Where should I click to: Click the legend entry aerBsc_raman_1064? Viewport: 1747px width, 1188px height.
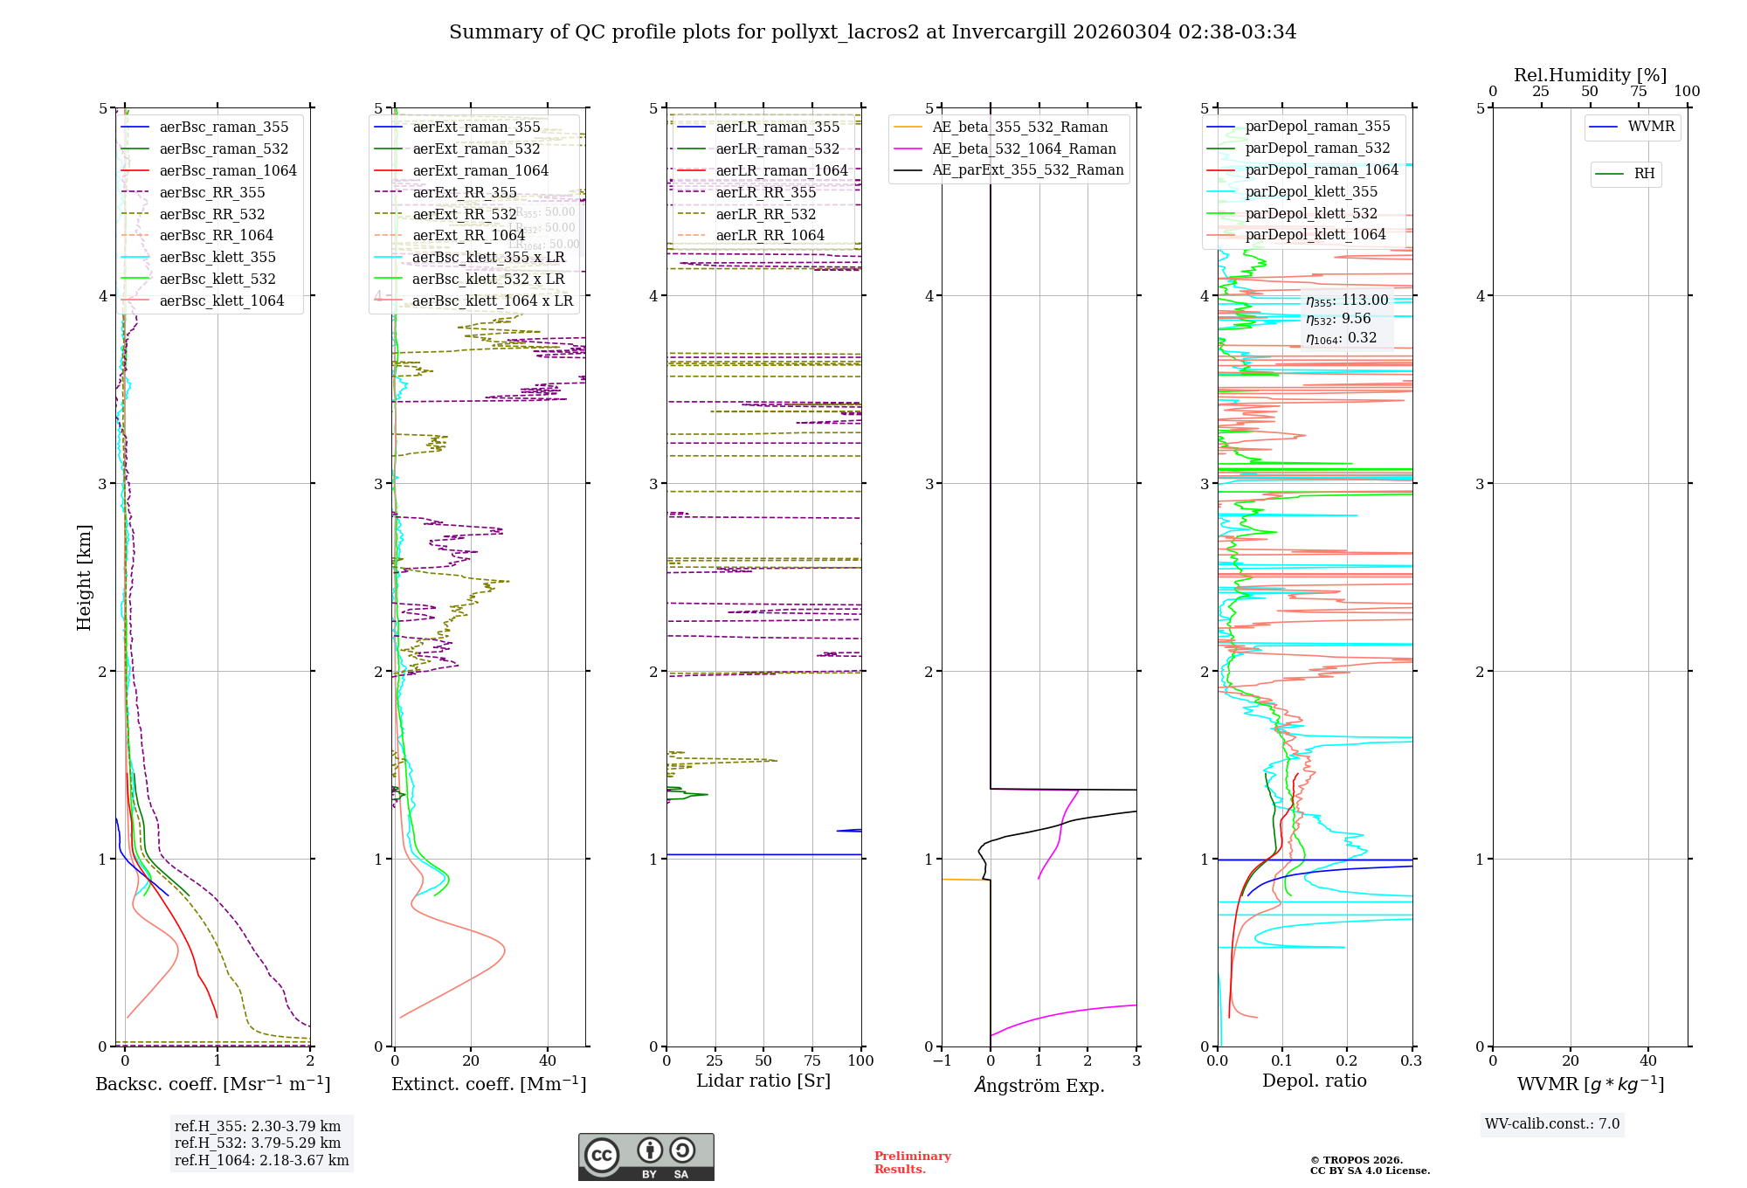point(227,170)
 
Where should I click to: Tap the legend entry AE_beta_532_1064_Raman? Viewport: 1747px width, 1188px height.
point(1024,148)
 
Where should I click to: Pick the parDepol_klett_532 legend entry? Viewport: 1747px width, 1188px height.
point(1310,213)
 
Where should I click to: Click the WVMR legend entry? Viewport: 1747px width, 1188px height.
point(1650,127)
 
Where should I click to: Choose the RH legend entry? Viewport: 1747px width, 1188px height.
point(1643,174)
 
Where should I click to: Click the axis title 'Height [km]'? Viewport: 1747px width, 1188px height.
point(84,577)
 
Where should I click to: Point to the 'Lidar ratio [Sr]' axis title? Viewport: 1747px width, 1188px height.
point(763,1081)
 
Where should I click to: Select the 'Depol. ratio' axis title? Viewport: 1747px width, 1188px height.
point(1314,1081)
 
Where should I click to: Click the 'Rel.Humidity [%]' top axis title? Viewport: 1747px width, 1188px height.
point(1590,75)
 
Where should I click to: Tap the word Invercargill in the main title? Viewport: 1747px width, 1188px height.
point(1009,32)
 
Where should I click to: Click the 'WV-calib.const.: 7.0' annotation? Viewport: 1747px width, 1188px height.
point(1551,1124)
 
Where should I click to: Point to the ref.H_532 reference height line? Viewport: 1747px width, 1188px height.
point(258,1143)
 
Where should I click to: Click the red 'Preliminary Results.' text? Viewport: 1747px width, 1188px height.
point(912,1163)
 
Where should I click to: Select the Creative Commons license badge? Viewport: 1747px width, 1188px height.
point(646,1157)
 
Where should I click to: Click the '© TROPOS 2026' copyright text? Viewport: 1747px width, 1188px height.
point(1356,1161)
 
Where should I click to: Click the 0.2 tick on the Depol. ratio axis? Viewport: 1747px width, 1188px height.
point(1347,1060)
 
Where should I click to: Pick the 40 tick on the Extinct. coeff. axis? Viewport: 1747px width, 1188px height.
point(548,1060)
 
